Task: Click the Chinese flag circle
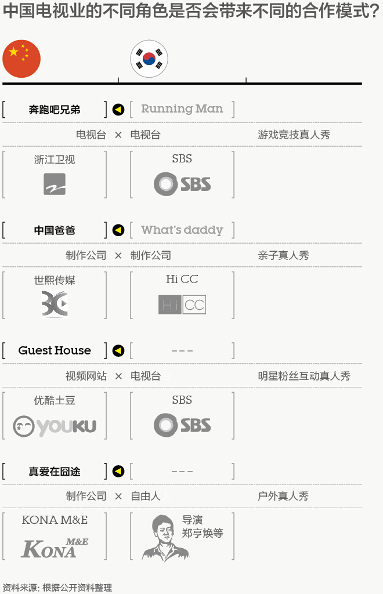click(21, 59)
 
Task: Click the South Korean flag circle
click(149, 59)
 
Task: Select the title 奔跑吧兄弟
click(55, 110)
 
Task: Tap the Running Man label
click(182, 109)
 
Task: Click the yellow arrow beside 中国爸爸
click(118, 230)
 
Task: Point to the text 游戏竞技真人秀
click(294, 135)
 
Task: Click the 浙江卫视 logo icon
click(55, 184)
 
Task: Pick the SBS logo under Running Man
click(182, 184)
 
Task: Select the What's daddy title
click(182, 230)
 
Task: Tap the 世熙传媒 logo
click(55, 304)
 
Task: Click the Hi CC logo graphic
click(182, 305)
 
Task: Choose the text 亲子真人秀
click(283, 255)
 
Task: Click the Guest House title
click(55, 350)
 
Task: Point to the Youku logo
click(55, 426)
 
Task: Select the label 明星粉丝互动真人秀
click(304, 376)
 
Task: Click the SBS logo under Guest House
click(182, 425)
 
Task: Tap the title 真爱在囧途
click(55, 472)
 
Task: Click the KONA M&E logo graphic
click(55, 547)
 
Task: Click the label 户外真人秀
click(283, 496)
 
